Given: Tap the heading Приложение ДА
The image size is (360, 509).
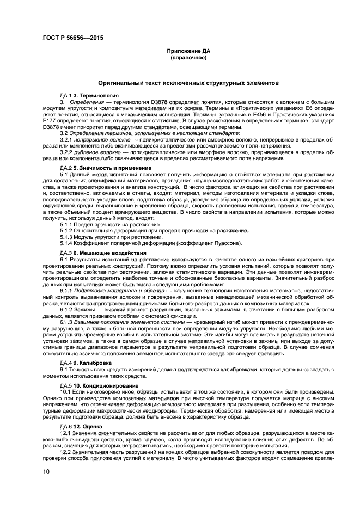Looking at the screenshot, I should pyautogui.click(x=188, y=51).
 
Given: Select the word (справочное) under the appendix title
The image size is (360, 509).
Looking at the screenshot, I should pyautogui.click(x=188, y=57).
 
